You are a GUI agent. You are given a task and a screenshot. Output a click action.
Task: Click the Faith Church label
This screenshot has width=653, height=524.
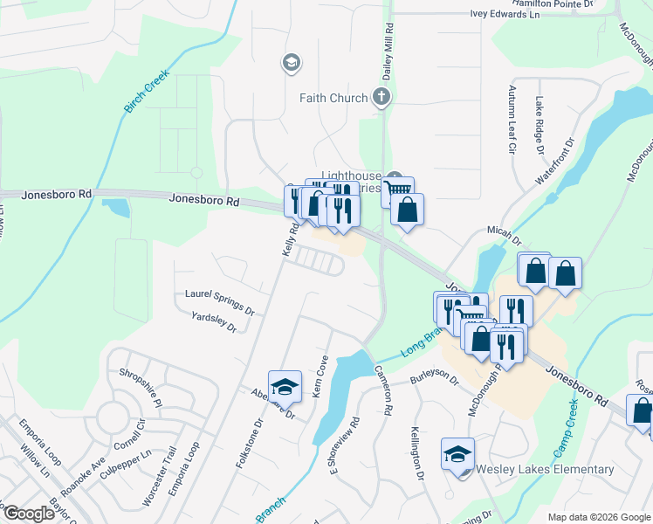tap(333, 98)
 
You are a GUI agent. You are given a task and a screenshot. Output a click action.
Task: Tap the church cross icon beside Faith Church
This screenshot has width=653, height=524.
tap(381, 97)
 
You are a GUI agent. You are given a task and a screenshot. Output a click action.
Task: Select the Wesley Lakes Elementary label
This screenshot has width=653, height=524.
tap(545, 469)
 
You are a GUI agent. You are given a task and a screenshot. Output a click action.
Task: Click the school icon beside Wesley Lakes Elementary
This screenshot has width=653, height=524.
tap(457, 454)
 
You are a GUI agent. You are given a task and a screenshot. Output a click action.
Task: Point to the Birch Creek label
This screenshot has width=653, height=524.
tap(142, 95)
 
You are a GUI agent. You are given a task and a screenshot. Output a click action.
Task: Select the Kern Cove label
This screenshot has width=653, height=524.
tap(320, 376)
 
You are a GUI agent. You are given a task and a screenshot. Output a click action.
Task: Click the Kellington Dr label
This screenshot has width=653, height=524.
tap(417, 455)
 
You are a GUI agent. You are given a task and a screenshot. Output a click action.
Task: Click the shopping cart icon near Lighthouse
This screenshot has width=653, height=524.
tap(397, 189)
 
